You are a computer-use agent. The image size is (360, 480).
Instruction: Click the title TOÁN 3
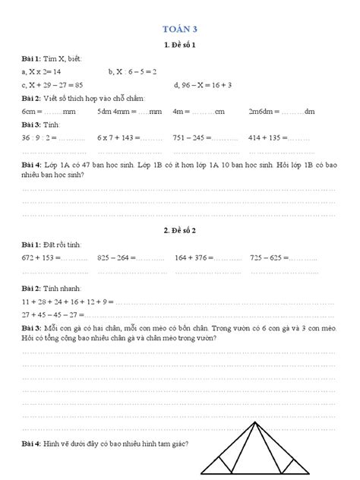[x=179, y=29]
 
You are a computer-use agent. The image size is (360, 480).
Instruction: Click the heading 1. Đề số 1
[x=180, y=44]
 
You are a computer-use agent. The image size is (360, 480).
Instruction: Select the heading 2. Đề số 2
[x=180, y=229]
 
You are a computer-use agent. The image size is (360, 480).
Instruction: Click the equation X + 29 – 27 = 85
[x=52, y=84]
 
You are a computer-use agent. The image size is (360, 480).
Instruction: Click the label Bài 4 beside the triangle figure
[x=31, y=444]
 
